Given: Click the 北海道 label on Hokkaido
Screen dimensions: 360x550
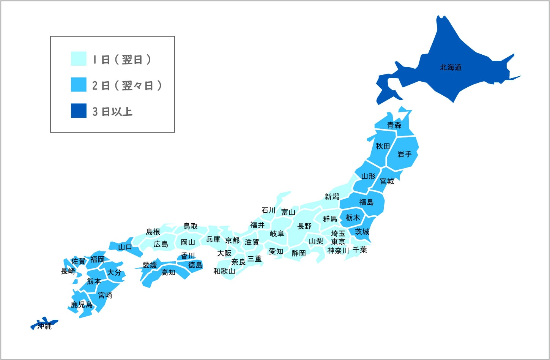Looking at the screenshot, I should coord(451,68).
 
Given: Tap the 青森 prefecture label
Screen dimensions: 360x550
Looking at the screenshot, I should coord(394,125).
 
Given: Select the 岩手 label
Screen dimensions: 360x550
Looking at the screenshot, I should coord(404,154).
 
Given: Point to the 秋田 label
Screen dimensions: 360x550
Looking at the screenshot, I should coord(383,146).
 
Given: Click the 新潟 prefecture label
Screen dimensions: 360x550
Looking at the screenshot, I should coord(332,197).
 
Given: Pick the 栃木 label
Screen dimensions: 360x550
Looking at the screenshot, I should coord(352,218).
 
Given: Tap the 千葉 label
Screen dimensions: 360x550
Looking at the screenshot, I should coord(360,250).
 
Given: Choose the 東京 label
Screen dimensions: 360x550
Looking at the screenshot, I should coord(338,242).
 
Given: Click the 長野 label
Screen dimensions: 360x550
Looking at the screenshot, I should coord(304,226).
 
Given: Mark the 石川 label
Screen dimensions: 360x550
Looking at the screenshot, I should coord(268,210).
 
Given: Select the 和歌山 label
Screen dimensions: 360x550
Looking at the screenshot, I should coord(224,271).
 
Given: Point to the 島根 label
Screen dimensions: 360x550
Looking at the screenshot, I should coord(153,232).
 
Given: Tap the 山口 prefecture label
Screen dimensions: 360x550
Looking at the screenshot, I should coord(125,247).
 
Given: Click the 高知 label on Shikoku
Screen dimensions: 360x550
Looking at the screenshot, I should coord(168,272).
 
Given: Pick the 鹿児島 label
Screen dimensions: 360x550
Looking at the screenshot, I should coord(82,305).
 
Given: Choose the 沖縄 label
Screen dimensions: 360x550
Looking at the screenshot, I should coord(44,326).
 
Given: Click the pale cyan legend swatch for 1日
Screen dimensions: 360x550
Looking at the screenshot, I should coord(79,59).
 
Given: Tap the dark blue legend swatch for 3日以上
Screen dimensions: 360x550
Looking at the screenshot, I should coord(79,111).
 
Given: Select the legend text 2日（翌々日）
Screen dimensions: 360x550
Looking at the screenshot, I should coord(127,85).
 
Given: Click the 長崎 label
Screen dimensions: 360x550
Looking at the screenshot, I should coord(68,271).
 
